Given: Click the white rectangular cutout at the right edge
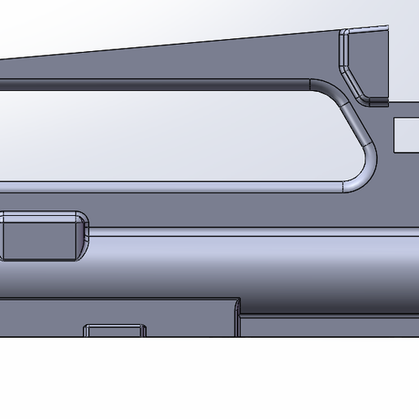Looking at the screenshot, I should [x=406, y=136].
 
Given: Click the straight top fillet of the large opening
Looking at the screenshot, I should [x=162, y=81].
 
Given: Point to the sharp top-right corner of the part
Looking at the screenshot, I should [x=387, y=27].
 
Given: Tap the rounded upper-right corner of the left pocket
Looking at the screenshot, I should [x=81, y=218].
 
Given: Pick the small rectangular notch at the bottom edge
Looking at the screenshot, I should [x=115, y=331].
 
